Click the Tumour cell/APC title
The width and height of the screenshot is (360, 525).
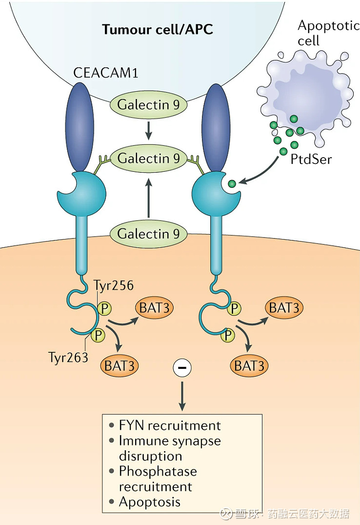[x=158, y=29]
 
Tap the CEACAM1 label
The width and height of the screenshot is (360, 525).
[x=106, y=73]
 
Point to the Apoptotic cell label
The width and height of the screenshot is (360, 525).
[x=328, y=33]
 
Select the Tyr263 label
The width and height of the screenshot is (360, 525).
[x=68, y=357]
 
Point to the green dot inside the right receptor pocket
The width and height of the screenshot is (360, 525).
[x=232, y=183]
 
